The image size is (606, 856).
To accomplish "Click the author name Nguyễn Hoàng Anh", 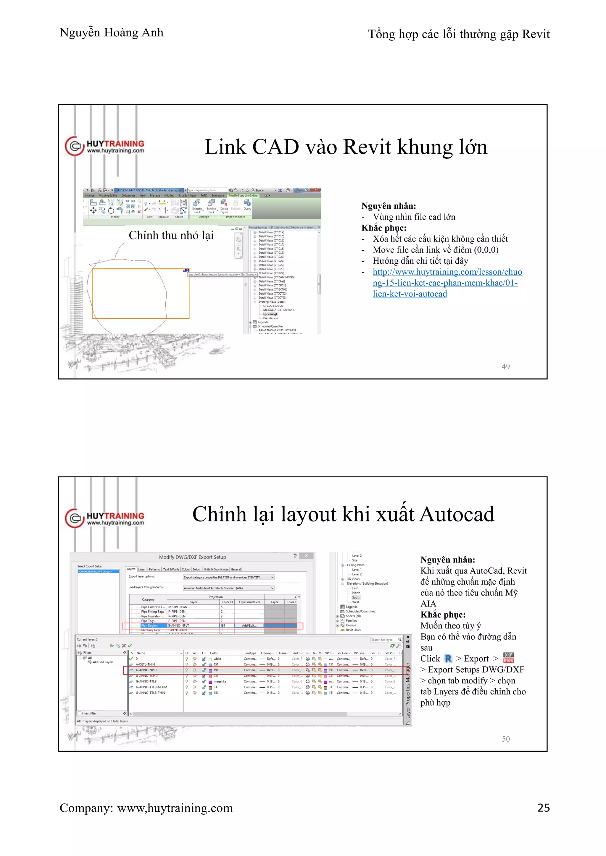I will click(111, 33).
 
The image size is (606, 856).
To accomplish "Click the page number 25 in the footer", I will click(543, 807).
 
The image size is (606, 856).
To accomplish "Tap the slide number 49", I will click(505, 367).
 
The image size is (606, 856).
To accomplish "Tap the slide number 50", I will click(505, 739).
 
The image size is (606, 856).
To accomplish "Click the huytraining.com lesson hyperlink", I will click(447, 283).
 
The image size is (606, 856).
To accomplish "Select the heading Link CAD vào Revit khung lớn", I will click(346, 147).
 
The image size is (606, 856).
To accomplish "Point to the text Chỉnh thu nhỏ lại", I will click(171, 235).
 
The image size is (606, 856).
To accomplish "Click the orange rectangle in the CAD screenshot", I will click(140, 294).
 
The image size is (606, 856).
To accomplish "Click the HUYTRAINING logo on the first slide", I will click(105, 146).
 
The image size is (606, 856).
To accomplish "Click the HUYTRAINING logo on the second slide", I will click(105, 518).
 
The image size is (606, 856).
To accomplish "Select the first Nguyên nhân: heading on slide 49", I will click(388, 206).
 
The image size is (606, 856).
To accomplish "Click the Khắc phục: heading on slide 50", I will click(443, 615).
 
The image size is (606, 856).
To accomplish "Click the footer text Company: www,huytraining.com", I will click(146, 808).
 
